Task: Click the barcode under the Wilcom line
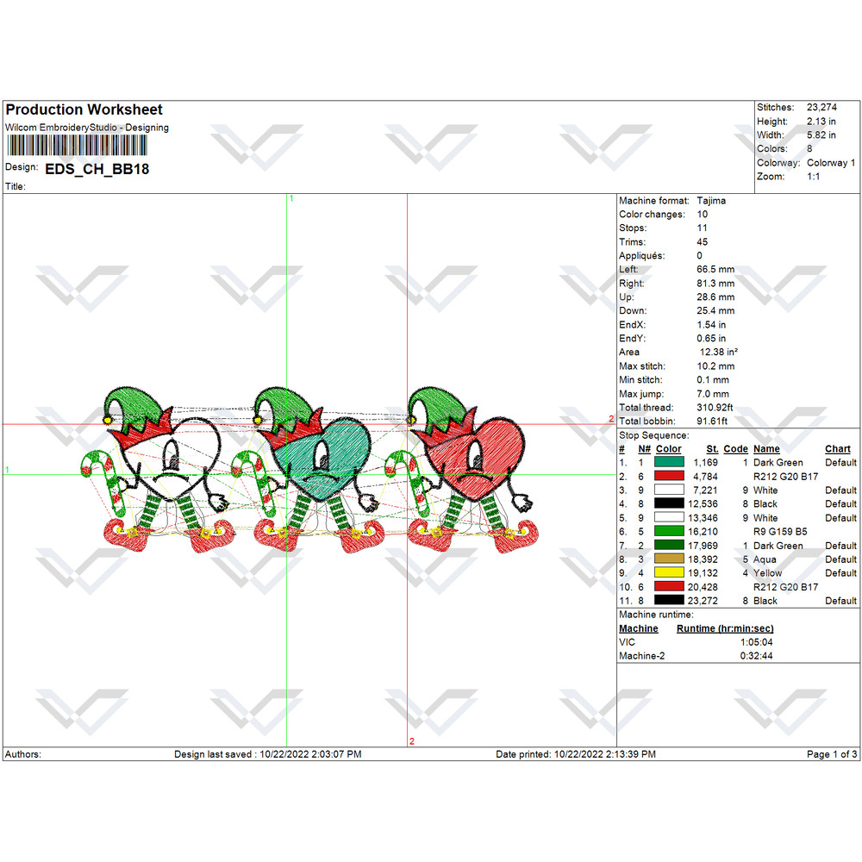[x=77, y=146]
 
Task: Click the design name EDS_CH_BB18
[x=97, y=169]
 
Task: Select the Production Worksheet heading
[x=84, y=109]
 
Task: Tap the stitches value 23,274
[x=821, y=107]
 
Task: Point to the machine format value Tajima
[x=711, y=201]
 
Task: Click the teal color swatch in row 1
[x=669, y=462]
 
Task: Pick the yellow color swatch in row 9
[x=669, y=573]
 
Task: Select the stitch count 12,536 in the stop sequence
[x=703, y=504]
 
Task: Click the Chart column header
[x=837, y=449]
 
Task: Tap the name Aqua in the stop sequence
[x=765, y=559]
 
